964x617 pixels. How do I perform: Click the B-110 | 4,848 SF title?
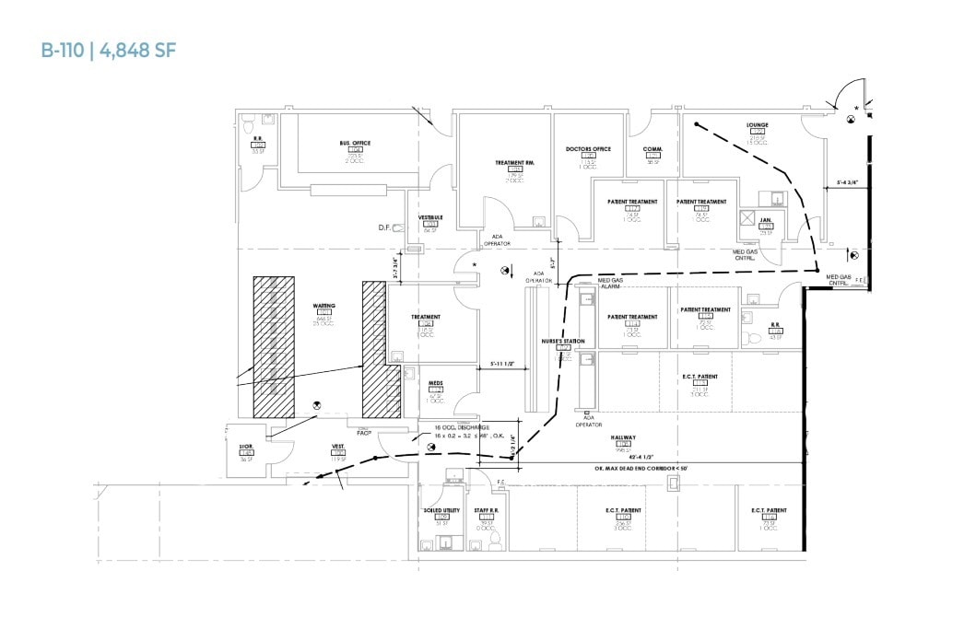tap(108, 50)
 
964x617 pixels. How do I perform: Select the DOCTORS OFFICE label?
tap(589, 148)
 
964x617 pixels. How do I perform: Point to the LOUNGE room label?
tap(758, 125)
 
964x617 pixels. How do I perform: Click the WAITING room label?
tap(323, 305)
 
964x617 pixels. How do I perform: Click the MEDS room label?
tap(436, 382)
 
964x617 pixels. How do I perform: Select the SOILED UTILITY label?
tap(441, 509)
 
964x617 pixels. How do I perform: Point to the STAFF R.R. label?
tap(487, 509)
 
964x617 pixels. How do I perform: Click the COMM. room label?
tap(652, 147)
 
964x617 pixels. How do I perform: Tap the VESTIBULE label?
tap(430, 217)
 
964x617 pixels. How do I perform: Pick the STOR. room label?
tap(245, 446)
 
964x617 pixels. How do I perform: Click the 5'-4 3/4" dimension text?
tap(847, 182)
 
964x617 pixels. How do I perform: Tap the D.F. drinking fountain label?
tap(385, 227)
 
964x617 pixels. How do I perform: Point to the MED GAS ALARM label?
tap(610, 283)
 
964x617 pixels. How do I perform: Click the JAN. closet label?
tap(765, 220)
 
